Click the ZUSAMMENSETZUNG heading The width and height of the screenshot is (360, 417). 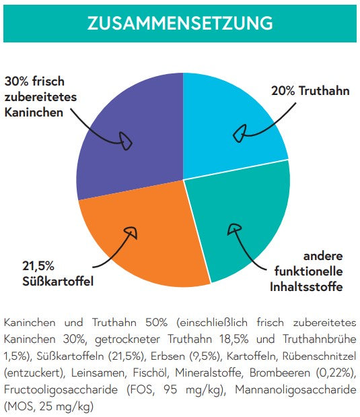(180, 23)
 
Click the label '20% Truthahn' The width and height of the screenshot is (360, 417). (310, 91)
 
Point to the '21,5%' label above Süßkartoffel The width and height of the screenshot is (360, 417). (38, 266)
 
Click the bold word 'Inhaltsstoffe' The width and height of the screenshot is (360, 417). (306, 287)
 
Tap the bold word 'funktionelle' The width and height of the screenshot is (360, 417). (308, 271)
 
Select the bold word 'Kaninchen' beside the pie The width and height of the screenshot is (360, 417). (34, 113)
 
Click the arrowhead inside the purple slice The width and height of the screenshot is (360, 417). (125, 141)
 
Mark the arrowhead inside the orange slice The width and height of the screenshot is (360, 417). (131, 232)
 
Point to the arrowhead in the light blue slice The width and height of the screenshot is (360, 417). (240, 133)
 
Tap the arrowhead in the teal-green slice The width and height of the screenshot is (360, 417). (234, 229)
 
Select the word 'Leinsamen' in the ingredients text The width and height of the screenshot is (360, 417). (98, 373)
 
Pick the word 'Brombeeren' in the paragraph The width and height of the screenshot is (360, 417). (280, 373)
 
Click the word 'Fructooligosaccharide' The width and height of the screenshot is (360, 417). (61, 390)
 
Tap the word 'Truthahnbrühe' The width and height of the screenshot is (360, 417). (320, 339)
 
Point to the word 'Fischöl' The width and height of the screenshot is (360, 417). (151, 373)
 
